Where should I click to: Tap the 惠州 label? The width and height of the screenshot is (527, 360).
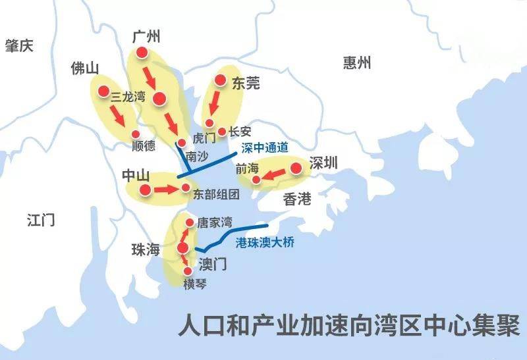coord(357,63)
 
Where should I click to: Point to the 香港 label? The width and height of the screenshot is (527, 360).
coord(297,199)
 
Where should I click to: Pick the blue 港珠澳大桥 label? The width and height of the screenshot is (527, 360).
coord(265,242)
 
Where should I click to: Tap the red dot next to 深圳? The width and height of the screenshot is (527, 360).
coord(296,168)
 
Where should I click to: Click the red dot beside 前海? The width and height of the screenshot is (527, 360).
coord(256,179)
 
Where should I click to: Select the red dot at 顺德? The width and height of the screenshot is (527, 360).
coord(136,134)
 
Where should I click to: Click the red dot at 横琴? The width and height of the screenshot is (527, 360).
coord(188,270)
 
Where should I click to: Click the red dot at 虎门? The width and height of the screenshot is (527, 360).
coord(181,141)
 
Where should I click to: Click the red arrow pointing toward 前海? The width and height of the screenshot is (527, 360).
coord(275,174)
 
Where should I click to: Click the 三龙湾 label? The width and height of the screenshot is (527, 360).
coord(128,97)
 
